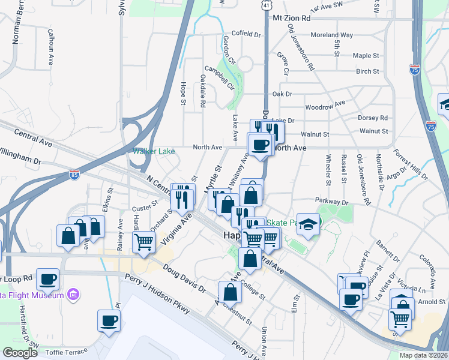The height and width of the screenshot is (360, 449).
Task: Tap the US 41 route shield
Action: pos(266,4)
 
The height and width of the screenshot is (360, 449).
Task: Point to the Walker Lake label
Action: pos(154,151)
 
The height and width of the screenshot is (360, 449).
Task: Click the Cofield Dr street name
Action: pos(246,34)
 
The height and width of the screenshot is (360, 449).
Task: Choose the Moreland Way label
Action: pos(332,35)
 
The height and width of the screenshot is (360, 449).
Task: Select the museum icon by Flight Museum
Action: pos(74,295)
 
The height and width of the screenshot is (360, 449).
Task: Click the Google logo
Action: pos(20,353)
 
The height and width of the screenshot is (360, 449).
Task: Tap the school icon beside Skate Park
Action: pos(308,225)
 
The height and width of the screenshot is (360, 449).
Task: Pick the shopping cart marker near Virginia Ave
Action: pos(144,242)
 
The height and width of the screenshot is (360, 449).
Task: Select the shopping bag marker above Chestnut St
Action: pos(230,292)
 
